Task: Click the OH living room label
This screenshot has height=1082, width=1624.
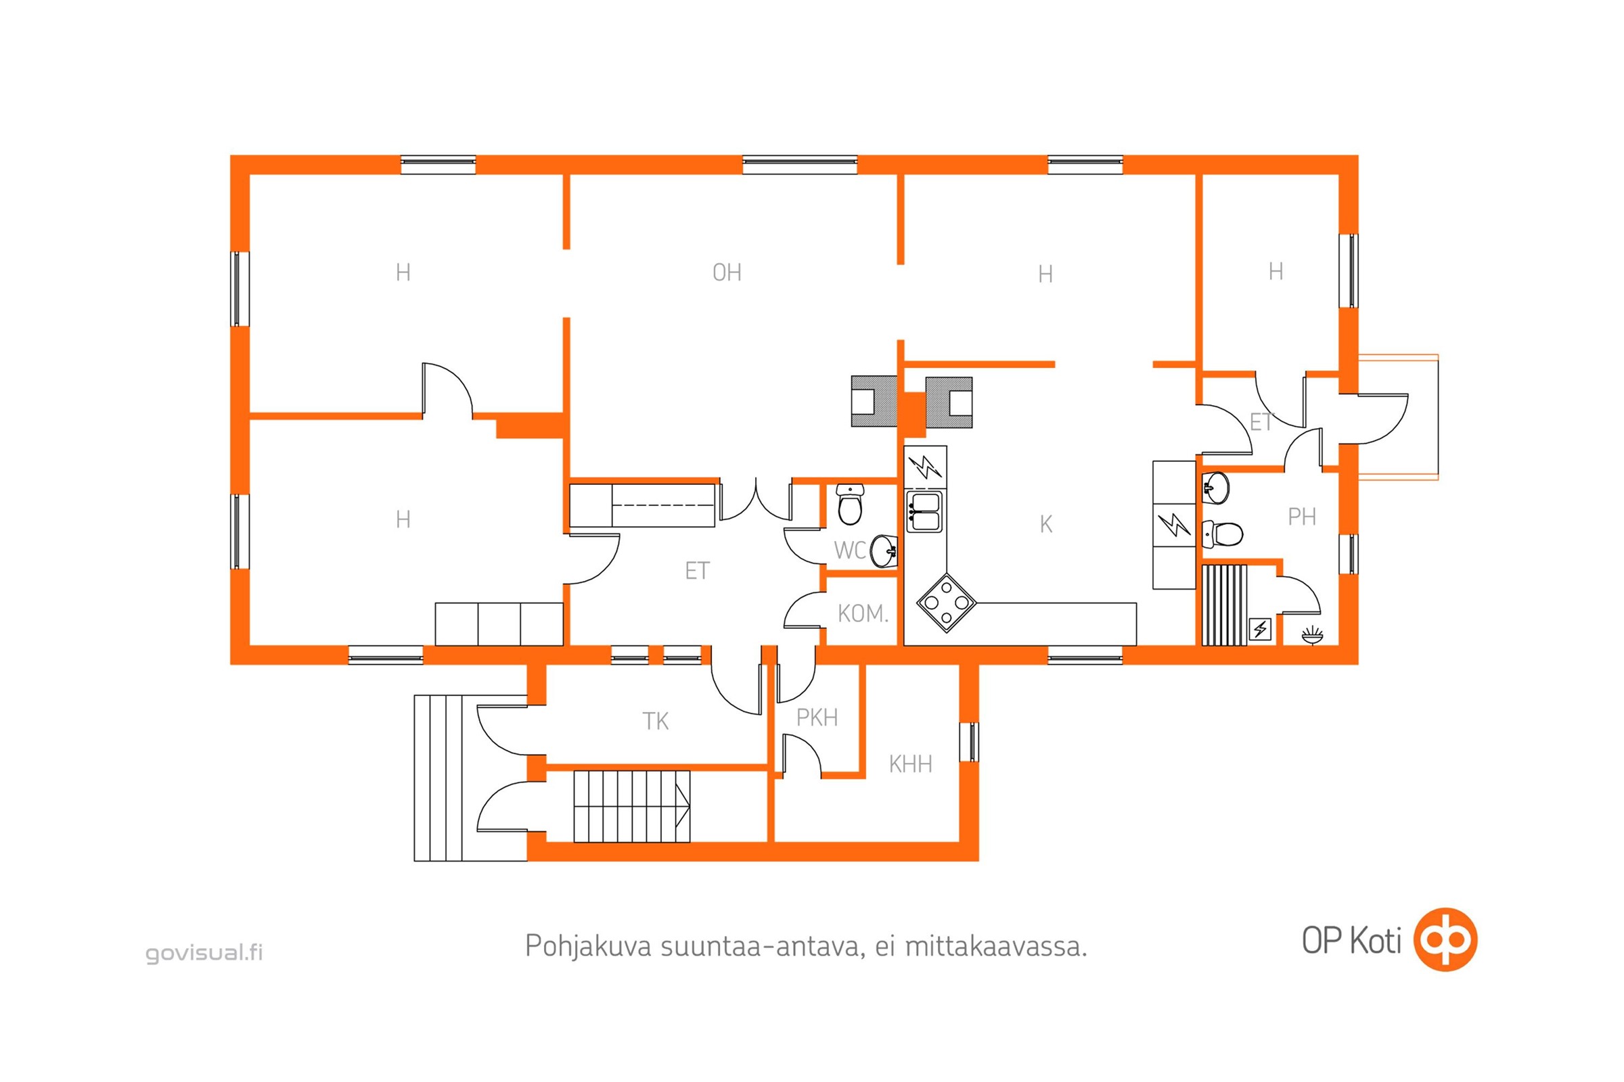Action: pyautogui.click(x=726, y=273)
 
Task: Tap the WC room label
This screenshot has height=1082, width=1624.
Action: pyautogui.click(x=849, y=550)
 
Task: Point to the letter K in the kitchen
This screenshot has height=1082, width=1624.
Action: pyautogui.click(x=1045, y=525)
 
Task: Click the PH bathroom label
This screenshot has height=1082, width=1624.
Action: pyautogui.click(x=1301, y=516)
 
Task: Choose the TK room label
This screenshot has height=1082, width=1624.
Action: pyautogui.click(x=655, y=721)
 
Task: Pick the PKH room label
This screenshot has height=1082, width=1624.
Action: pyautogui.click(x=817, y=718)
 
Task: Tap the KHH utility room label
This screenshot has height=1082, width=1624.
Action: pyautogui.click(x=910, y=764)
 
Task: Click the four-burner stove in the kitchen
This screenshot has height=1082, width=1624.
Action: pyautogui.click(x=946, y=603)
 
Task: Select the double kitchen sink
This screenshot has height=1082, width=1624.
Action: pyautogui.click(x=924, y=511)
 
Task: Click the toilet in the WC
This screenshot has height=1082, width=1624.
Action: pyautogui.click(x=850, y=504)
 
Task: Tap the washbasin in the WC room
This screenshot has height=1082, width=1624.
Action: pyautogui.click(x=883, y=550)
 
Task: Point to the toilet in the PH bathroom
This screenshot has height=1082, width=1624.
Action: pyautogui.click(x=1222, y=533)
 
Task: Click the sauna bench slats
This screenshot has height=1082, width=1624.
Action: pyautogui.click(x=1224, y=605)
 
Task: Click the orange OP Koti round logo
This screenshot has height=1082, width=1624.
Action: pyautogui.click(x=1445, y=940)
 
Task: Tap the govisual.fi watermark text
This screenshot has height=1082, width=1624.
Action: pyautogui.click(x=204, y=953)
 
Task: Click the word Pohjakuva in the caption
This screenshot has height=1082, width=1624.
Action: pyautogui.click(x=588, y=945)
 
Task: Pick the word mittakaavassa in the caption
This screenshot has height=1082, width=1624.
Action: pyautogui.click(x=995, y=946)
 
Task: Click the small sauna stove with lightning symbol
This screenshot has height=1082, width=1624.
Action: pyautogui.click(x=1260, y=630)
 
